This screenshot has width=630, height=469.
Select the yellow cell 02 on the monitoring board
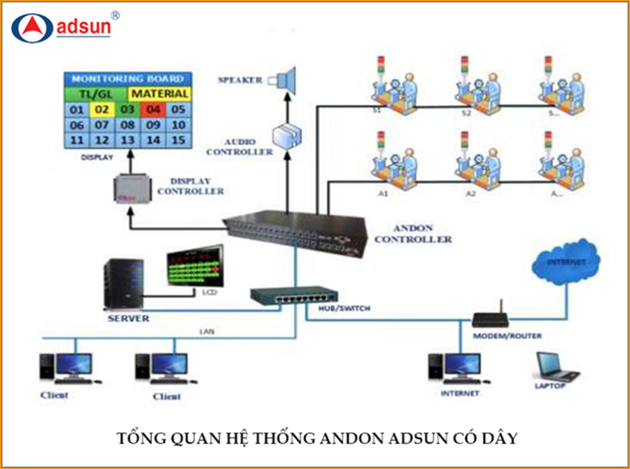(x=102, y=109)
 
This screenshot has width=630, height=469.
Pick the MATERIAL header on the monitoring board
(x=160, y=93)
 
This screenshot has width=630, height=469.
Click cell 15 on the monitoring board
(x=178, y=141)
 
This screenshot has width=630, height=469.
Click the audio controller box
(x=286, y=134)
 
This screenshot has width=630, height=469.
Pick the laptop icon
(x=556, y=366)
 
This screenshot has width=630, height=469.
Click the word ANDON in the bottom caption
(x=349, y=439)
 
